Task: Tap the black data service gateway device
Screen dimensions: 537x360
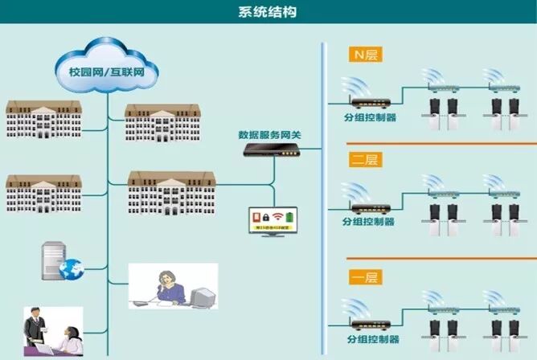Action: click(x=269, y=149)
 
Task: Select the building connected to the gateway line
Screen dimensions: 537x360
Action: click(x=171, y=192)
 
